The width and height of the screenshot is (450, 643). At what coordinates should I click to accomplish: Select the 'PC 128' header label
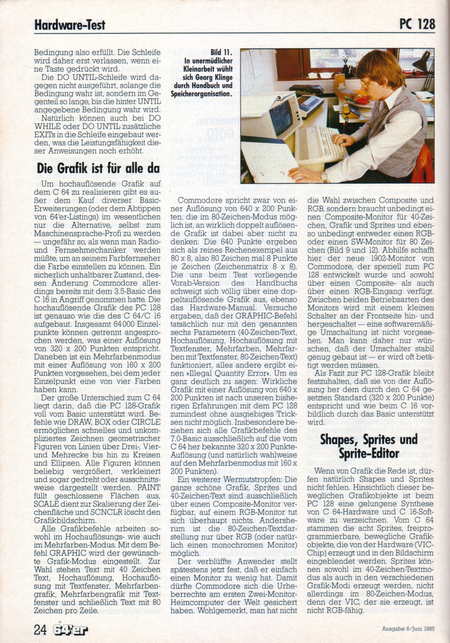417,24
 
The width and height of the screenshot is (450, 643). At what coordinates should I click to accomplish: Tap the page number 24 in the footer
40,629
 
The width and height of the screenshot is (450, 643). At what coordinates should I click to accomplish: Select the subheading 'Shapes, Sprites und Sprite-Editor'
369,446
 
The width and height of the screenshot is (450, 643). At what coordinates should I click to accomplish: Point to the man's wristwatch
324,176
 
